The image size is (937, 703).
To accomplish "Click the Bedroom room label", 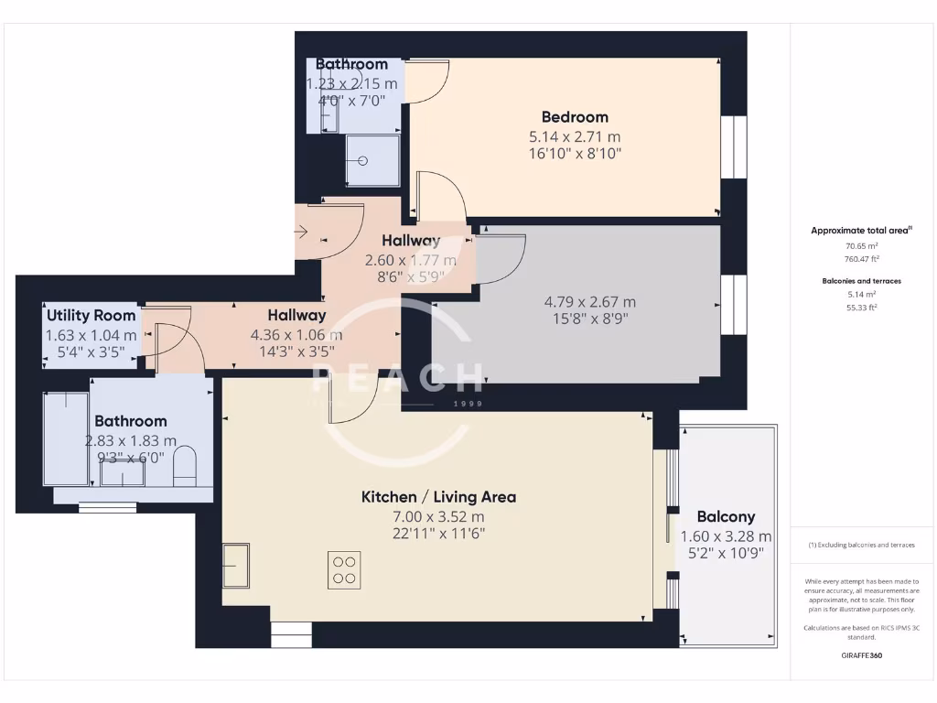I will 575,117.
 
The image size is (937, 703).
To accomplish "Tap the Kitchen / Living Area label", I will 438,497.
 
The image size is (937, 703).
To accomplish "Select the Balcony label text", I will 726,517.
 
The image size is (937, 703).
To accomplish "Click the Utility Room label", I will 91,316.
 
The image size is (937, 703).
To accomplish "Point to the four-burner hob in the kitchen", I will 345,568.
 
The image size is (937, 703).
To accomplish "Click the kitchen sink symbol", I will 238,565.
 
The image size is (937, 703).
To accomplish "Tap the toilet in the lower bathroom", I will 186,463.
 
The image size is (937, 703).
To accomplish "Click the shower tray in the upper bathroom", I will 372,160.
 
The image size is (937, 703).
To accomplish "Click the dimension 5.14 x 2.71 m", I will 575,137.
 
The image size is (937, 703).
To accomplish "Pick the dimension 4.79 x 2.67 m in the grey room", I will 589,302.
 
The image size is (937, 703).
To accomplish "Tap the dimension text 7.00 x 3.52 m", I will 438,516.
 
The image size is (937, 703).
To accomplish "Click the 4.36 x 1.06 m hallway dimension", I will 296,335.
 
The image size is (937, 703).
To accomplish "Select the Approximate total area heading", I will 860,231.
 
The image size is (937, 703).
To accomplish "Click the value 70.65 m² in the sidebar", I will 860,245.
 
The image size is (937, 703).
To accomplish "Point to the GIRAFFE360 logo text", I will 860,655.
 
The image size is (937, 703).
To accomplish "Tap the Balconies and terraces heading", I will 860,281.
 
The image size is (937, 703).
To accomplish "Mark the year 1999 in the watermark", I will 468,403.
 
